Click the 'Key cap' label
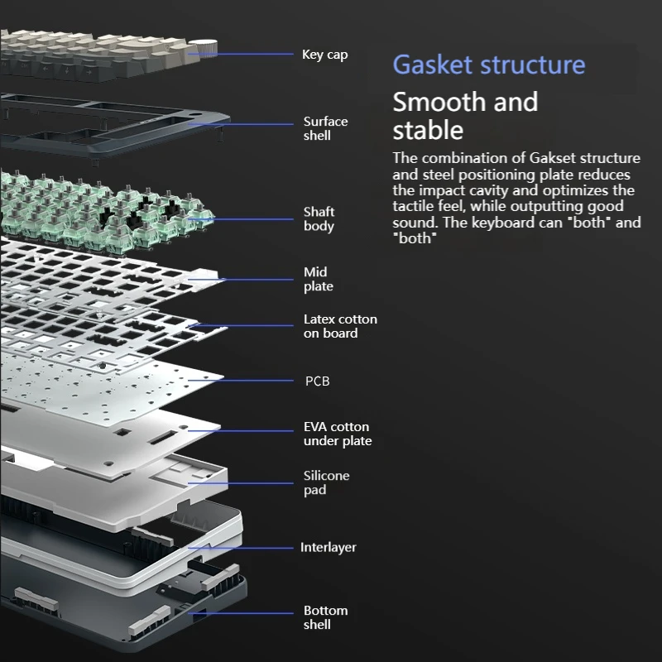(324, 55)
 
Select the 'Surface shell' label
(325, 128)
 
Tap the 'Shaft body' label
(319, 219)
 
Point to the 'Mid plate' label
(318, 279)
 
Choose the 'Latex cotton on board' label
(339, 326)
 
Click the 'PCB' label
(317, 381)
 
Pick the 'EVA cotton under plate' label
(337, 434)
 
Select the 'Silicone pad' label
(326, 482)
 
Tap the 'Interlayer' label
(329, 548)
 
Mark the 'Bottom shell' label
(325, 617)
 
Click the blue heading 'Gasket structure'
(488, 65)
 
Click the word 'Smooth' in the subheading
(439, 102)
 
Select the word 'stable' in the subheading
(427, 130)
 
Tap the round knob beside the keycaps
(205, 47)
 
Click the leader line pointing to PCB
(248, 381)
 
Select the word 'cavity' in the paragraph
(496, 190)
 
